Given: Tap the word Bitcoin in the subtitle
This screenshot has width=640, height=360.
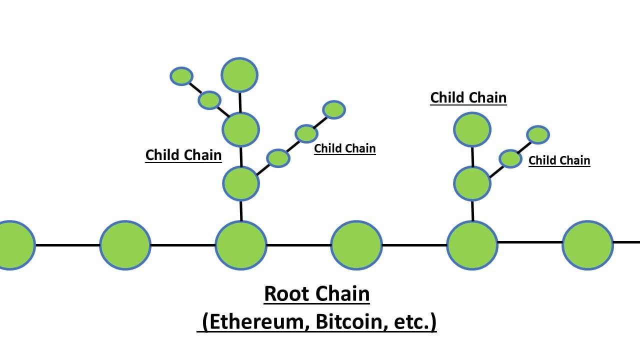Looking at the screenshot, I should [x=346, y=322].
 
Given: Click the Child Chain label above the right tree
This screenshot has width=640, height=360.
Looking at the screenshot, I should [x=468, y=97].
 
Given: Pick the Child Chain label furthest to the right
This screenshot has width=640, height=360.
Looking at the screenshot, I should [x=559, y=160].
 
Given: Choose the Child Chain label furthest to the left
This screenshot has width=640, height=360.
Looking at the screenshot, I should [x=183, y=155].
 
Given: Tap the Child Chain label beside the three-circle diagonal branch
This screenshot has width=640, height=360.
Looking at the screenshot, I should [x=344, y=148].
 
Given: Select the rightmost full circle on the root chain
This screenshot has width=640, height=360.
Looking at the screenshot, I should [x=587, y=245].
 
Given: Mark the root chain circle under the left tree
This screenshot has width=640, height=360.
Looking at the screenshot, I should [x=241, y=245].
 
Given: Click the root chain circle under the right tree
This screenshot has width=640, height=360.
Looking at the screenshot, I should [x=472, y=245].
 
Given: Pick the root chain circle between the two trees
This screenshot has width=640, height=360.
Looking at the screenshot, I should [x=356, y=245].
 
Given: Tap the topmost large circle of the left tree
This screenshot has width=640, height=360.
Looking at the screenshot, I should [x=239, y=75].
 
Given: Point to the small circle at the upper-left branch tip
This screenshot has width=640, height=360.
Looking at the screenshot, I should [x=181, y=76].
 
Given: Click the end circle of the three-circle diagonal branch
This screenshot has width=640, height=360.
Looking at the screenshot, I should [x=334, y=109].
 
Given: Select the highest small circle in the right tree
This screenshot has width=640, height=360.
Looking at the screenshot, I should [x=538, y=134].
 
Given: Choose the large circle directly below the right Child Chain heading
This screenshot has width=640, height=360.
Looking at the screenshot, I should [x=472, y=129].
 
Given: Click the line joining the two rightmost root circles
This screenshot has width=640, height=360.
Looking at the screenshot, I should [x=530, y=242].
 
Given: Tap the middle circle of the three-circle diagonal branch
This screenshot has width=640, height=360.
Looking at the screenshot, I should [x=306, y=133].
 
